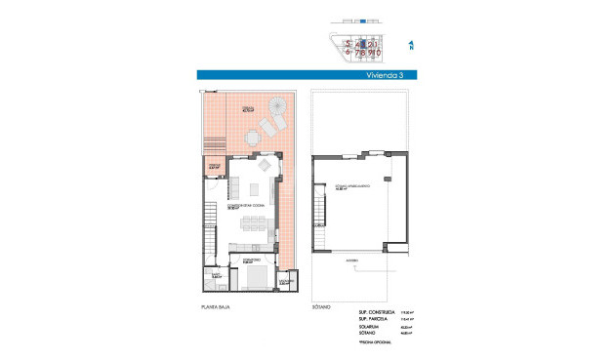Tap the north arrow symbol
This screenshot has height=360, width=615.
click(x=412, y=45)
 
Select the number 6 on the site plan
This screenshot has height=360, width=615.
click(x=347, y=53)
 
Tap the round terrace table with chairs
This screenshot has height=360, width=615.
click(x=254, y=139)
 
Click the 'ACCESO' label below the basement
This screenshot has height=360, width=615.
click(x=348, y=260)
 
